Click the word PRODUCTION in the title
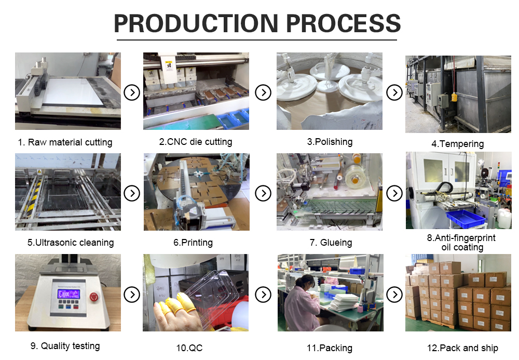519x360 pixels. (x=196, y=23)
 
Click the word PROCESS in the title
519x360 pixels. (x=344, y=23)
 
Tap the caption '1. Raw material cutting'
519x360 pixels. (x=65, y=142)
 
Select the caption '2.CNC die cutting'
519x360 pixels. (x=196, y=141)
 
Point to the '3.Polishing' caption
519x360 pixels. (x=330, y=141)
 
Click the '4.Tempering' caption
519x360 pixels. (x=457, y=144)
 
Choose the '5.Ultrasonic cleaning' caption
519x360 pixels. (x=71, y=243)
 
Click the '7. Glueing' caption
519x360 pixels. (x=331, y=243)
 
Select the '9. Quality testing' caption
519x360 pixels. (x=65, y=346)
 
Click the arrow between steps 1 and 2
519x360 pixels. (x=132, y=93)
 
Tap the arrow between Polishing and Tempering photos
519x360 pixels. (x=394, y=93)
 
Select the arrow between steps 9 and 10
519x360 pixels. (x=132, y=295)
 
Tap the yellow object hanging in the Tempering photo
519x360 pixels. (x=455, y=97)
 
